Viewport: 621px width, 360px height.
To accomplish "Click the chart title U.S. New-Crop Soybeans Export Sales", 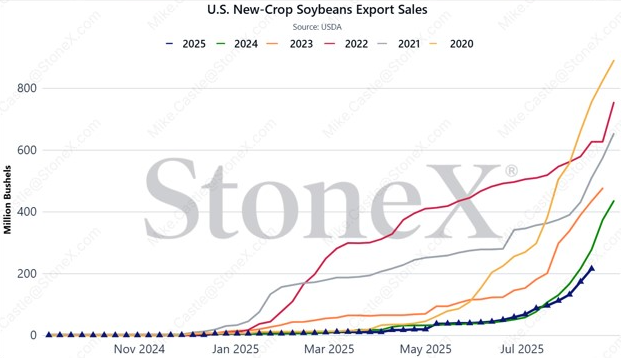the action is (317, 10).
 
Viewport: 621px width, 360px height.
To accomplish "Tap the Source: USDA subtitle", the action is (317, 27).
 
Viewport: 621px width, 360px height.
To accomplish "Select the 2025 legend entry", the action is (186, 44).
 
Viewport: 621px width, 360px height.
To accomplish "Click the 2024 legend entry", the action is (238, 44).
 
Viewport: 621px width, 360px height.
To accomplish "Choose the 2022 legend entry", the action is (346, 44).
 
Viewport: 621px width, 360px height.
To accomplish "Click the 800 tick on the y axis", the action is (27, 88).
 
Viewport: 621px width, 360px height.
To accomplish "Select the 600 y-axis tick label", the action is (27, 150).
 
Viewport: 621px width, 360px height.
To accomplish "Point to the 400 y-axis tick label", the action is (27, 212).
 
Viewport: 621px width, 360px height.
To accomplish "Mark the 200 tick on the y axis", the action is (27, 274).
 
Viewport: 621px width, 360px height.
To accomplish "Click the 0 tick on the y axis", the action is (33, 335).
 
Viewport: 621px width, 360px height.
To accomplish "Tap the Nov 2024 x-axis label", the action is (139, 349).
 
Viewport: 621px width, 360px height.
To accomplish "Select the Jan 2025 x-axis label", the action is (235, 349).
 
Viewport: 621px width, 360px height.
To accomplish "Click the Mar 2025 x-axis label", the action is (329, 349).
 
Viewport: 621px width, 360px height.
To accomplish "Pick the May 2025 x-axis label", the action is (426, 349).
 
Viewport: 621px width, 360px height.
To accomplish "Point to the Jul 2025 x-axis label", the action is (522, 349).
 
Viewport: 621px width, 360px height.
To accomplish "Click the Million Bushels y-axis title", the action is (7, 200).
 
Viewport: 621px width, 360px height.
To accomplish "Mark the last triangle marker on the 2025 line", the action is (592, 269).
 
